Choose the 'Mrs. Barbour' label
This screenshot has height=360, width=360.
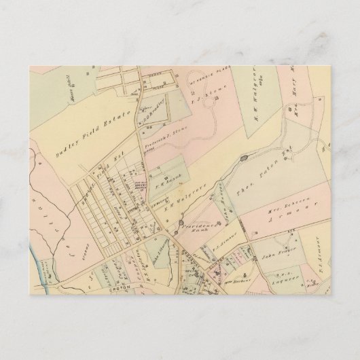coord(238,277)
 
